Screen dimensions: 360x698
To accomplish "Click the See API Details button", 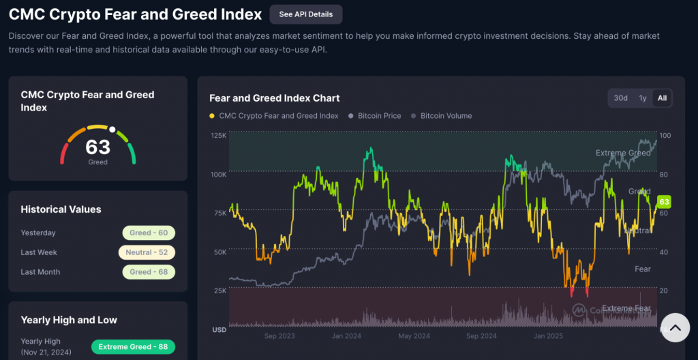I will tap(305, 14).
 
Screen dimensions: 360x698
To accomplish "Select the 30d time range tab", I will tap(620, 98).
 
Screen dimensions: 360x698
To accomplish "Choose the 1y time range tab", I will tap(642, 98).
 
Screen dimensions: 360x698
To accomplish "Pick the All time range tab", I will tap(662, 98).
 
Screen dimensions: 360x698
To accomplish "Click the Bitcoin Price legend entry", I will tap(374, 116).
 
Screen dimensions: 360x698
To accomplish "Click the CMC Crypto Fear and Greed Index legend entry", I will tap(278, 116).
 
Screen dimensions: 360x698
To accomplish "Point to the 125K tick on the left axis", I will tap(218, 136).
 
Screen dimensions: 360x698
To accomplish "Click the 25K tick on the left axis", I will tap(219, 291).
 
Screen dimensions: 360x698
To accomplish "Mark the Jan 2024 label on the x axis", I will tap(346, 336).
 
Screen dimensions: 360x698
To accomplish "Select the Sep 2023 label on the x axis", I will tap(279, 336).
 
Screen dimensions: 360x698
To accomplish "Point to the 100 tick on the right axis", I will tap(665, 136).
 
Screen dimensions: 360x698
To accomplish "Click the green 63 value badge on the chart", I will tap(664, 202).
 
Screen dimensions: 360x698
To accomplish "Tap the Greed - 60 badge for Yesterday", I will tap(149, 233).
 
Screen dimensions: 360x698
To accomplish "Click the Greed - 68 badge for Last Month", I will tap(149, 272).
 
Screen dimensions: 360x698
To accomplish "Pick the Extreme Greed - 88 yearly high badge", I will tap(133, 347).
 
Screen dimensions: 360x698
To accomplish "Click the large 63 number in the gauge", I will tap(97, 147).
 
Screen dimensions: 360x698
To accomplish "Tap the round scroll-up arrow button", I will tap(675, 328).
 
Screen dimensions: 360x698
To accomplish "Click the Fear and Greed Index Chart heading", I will tap(274, 98).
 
